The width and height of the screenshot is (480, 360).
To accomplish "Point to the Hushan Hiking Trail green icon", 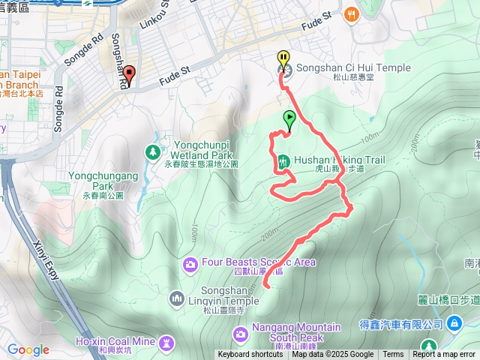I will [283, 160].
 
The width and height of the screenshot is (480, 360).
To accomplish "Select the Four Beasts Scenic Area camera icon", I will [190, 263].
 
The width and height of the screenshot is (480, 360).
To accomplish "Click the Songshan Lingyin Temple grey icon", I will [177, 298].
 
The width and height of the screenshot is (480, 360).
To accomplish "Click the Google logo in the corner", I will [28, 349].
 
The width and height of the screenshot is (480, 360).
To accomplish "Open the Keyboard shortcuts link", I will [250, 355].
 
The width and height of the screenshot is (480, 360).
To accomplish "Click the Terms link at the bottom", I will [393, 355].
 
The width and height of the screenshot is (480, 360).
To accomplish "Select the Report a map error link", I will [445, 355].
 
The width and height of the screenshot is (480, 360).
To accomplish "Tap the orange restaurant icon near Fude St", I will [350, 14].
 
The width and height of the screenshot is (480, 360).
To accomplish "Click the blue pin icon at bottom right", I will [454, 322].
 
